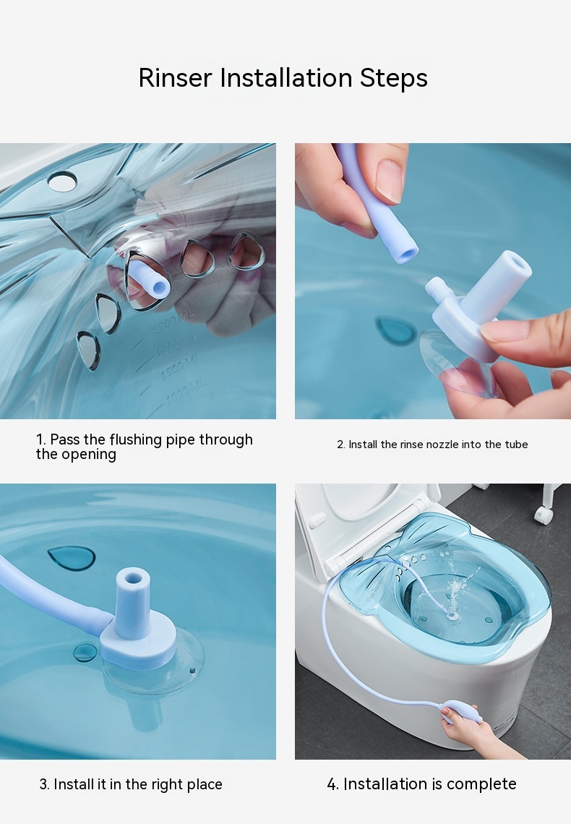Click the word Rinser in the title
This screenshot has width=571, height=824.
point(176,78)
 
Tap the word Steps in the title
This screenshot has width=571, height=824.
point(394,79)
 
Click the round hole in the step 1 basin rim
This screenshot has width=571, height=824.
point(62,182)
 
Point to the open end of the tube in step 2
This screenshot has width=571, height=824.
point(406,254)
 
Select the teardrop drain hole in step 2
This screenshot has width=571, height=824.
point(395,330)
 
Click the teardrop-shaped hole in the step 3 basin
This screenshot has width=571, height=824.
point(72,558)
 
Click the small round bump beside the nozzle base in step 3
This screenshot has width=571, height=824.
point(85,652)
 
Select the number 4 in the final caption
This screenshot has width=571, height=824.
point(332,784)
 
